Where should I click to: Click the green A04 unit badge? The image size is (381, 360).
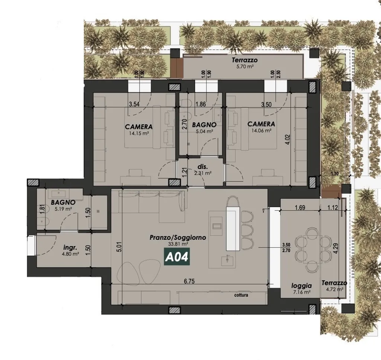coord(177,257)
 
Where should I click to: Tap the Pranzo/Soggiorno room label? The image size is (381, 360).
coord(178,237)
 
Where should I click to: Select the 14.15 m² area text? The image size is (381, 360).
coord(140,133)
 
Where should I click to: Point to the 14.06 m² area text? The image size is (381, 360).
coord(262,131)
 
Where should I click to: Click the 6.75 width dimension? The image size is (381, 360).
coord(189,281)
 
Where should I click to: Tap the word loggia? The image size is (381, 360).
coord(301,286)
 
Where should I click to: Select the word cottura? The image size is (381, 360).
coord(241,295)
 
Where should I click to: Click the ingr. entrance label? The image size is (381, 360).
coord(70,248)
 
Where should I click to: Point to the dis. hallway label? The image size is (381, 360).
coord(203,167)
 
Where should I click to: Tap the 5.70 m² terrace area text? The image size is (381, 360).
coord(244,66)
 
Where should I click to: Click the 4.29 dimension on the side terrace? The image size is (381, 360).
coord(336,248)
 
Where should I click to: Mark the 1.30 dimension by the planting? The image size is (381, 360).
coord(334,173)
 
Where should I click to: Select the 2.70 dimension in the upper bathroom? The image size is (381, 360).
coord(185,124)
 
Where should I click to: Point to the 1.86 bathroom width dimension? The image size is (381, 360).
coord(201,104)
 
